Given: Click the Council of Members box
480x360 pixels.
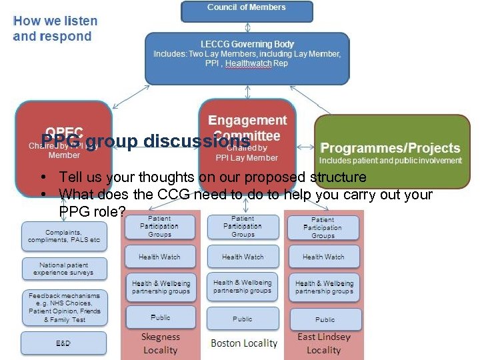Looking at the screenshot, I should click(x=247, y=10).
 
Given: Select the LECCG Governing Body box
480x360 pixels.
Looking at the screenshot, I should click(x=247, y=59).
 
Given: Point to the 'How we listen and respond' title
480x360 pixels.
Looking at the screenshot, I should click(x=55, y=29).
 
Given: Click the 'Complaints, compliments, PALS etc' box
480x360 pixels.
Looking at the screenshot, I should click(x=64, y=235).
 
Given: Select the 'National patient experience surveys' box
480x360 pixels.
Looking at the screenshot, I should click(x=64, y=268).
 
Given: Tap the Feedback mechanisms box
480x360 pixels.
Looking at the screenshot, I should click(x=64, y=307).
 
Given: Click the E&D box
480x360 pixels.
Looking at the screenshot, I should click(x=64, y=343).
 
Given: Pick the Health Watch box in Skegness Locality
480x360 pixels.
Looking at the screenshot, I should click(x=159, y=257).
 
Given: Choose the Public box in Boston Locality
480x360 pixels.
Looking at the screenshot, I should click(x=243, y=319).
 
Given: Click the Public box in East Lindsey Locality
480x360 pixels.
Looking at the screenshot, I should click(x=325, y=319).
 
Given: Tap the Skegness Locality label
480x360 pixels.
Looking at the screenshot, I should click(x=160, y=343).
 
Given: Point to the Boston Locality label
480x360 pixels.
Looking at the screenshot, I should click(x=243, y=343).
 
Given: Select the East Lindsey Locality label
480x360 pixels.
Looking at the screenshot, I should click(x=324, y=343).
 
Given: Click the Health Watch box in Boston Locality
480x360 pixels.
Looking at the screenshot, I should click(x=243, y=257).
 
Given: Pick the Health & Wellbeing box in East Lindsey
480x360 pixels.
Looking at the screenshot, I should click(x=325, y=287).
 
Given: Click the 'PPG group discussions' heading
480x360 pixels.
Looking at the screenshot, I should click(x=145, y=141).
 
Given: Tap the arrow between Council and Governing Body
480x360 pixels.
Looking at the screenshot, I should click(x=247, y=27).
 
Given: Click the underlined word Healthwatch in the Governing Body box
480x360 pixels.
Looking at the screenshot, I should click(x=249, y=63).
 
